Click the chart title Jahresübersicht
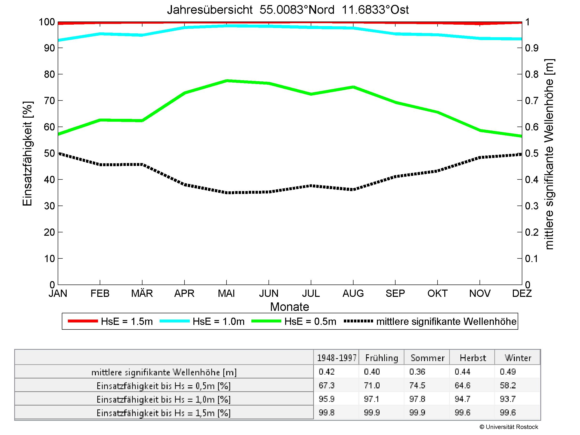click(x=288, y=10)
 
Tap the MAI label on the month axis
click(x=226, y=293)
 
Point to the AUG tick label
click(x=353, y=293)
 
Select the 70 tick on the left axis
click(x=49, y=100)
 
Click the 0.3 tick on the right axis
click(x=532, y=206)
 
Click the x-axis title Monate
click(x=290, y=307)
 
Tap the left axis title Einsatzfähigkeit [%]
click(x=27, y=153)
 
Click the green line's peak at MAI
click(x=226, y=80)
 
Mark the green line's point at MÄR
click(x=142, y=121)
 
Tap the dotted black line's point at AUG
click(x=353, y=189)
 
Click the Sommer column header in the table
click(x=427, y=358)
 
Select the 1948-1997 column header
click(x=337, y=358)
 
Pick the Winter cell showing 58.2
click(x=508, y=385)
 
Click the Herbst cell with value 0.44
click(x=463, y=372)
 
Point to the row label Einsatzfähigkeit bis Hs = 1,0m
click(x=164, y=399)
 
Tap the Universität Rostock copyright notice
click(x=509, y=427)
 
